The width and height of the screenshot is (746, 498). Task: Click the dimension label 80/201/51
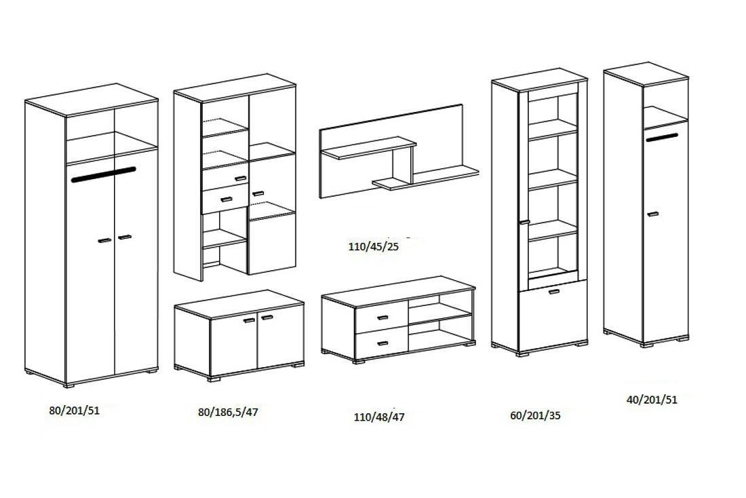coord(75,410)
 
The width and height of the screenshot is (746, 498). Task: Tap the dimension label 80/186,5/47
coord(228,412)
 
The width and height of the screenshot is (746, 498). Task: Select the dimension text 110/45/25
coord(374,247)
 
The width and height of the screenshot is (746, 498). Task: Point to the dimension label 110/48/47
coord(379,417)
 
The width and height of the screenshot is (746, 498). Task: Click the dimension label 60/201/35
coord(535,415)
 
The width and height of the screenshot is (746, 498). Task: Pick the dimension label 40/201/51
coord(652,400)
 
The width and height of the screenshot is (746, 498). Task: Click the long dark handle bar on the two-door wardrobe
coord(103,174)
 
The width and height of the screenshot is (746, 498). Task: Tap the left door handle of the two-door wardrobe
coord(104,241)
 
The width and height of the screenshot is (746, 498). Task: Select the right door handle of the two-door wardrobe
coord(124,237)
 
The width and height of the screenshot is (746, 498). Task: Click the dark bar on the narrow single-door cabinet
coord(662,138)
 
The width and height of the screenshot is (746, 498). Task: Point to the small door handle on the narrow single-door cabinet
coord(652,214)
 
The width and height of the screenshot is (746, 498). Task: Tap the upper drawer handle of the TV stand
coord(381,318)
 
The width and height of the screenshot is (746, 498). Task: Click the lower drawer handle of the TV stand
coord(381,343)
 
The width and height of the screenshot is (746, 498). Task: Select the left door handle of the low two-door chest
coord(249,320)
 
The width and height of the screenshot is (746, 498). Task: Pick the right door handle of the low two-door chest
coord(267,317)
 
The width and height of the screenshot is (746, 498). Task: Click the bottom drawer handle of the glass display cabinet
coord(554,292)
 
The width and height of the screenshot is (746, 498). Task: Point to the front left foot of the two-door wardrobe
coord(69,385)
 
